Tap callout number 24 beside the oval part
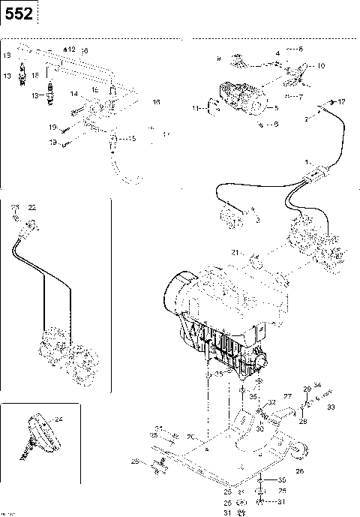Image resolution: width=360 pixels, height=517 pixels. point(59,419)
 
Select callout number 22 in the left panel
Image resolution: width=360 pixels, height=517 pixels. point(31,207)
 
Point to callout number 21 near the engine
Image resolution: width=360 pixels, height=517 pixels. point(234,254)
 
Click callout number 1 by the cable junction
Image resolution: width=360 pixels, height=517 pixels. point(305,163)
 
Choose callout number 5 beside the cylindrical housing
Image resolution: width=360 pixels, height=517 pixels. point(276,108)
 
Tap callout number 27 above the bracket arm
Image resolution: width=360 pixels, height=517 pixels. point(286,395)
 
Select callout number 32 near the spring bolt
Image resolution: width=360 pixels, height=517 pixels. point(271,403)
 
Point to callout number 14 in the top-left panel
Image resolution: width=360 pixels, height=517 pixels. point(74,94)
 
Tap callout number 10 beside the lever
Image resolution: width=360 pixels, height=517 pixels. point(321,66)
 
